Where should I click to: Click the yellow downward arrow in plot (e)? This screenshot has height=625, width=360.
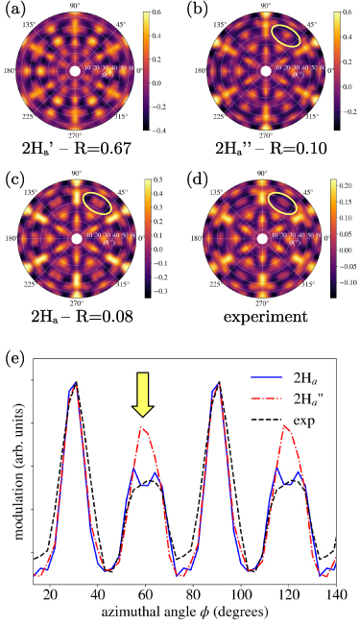click(143, 397)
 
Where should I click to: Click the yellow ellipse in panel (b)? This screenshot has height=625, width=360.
click(291, 36)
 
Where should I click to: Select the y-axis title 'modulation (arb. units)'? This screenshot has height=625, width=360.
click(13, 467)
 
